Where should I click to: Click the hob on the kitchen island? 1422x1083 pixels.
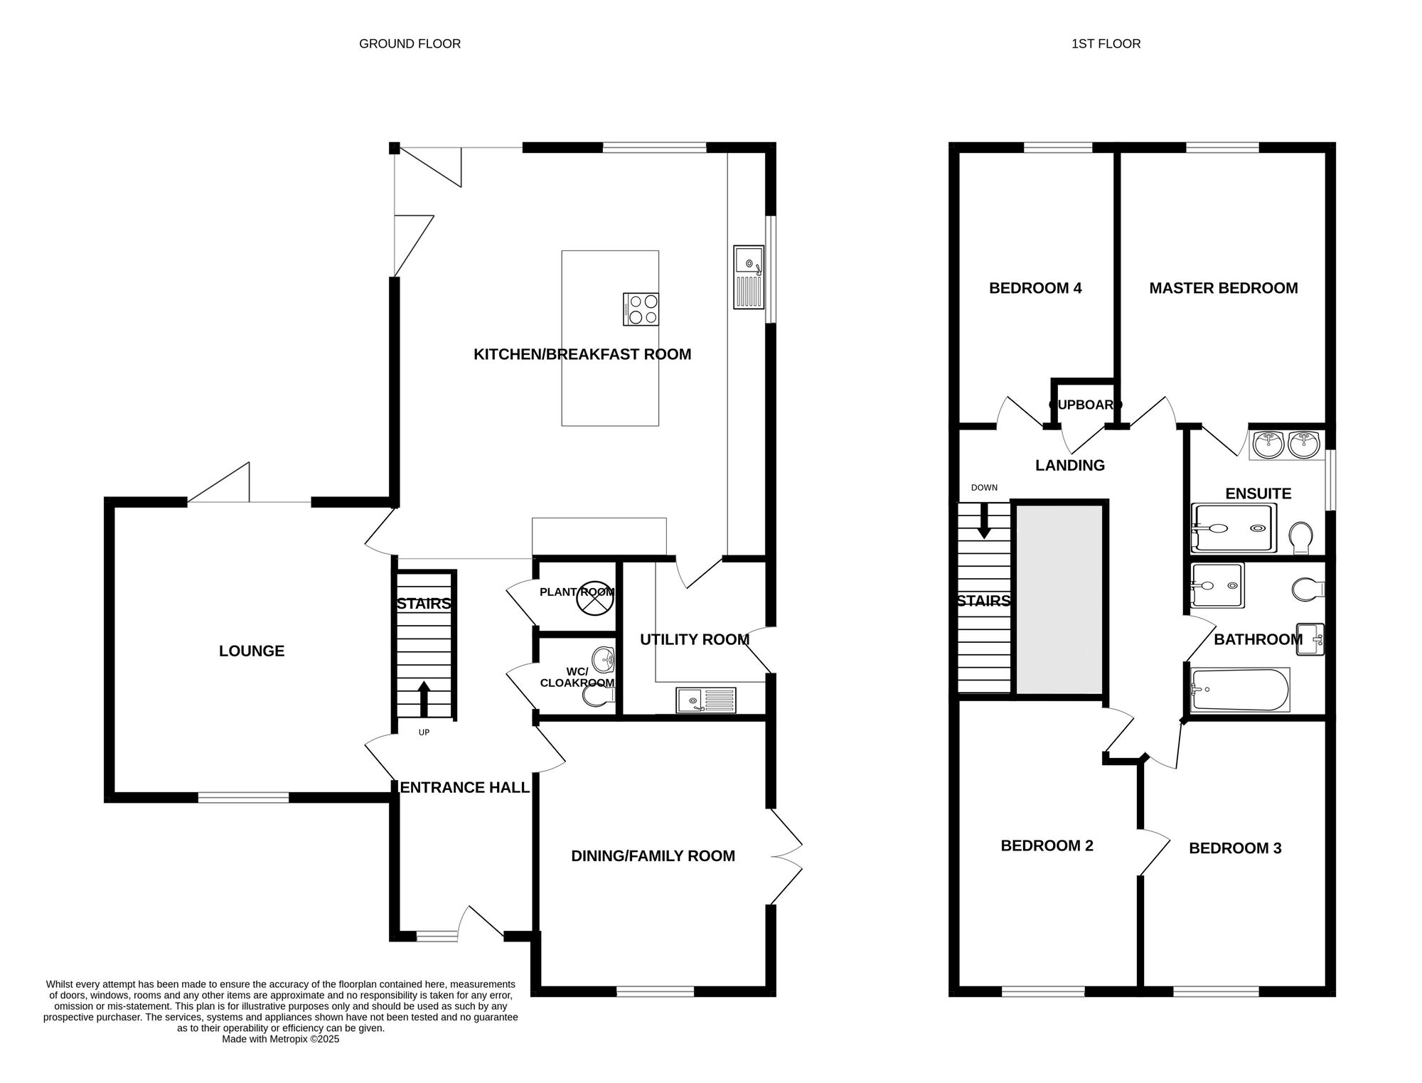pos(641,309)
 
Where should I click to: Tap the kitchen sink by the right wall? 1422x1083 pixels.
pos(749,277)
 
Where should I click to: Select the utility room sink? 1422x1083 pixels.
pos(706,700)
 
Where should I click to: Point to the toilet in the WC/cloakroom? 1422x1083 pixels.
pos(597,695)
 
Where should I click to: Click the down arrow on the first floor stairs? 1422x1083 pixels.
pos(985,521)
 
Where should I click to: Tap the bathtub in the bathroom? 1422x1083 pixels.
pos(1240,690)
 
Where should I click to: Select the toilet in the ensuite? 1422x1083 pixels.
pos(1302,538)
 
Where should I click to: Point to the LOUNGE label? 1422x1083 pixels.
pos(252,651)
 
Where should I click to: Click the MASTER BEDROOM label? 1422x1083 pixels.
pos(1224,288)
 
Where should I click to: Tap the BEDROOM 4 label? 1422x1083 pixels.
pos(1035,288)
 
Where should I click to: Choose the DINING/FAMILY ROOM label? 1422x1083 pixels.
pos(653,856)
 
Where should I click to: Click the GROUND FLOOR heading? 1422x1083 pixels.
pos(410,44)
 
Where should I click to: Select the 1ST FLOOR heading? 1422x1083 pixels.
pos(1106,44)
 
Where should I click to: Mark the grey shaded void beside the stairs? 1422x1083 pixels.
pos(1059,599)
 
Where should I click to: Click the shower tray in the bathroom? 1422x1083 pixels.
pos(1217,586)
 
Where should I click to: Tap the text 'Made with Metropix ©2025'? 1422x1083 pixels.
pos(281,1039)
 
